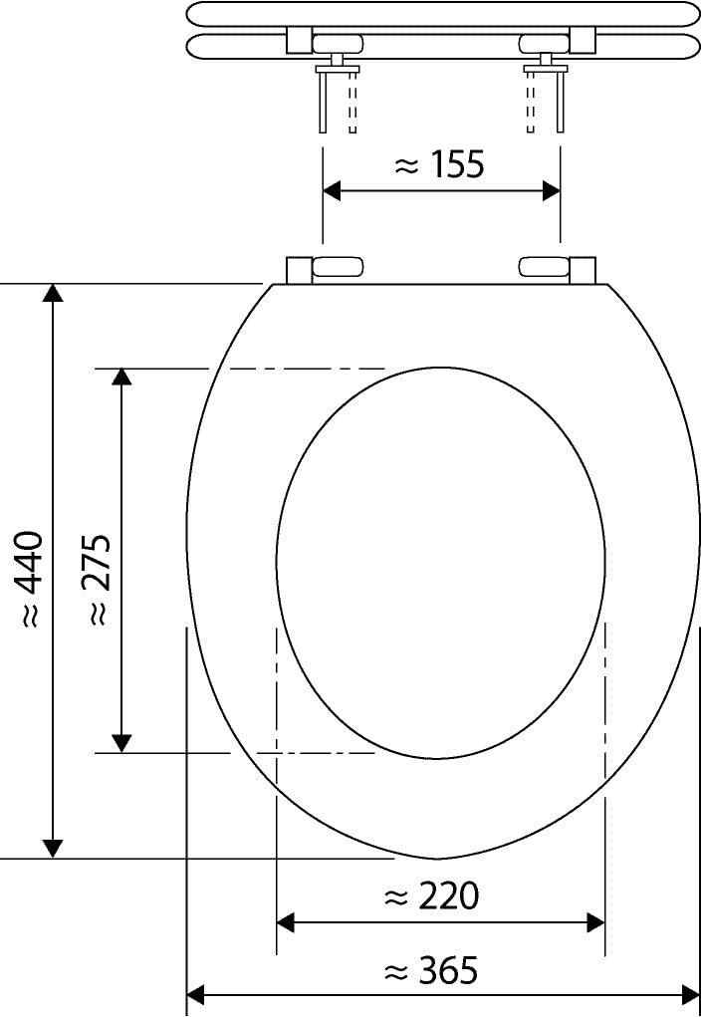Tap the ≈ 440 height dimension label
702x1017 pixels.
coord(30,578)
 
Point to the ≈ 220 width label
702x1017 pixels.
coord(430,896)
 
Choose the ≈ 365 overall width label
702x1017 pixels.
coord(430,969)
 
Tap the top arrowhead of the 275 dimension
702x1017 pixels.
coord(121,378)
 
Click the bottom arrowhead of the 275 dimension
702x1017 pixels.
coord(121,743)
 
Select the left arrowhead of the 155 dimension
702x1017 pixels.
coord(333,191)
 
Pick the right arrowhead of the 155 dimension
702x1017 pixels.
coord(551,191)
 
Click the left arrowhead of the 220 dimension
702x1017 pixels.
coord(286,922)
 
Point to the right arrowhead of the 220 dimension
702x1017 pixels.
coord(595,922)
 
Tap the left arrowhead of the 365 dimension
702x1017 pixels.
coord(197,993)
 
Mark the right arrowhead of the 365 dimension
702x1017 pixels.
coord(690,993)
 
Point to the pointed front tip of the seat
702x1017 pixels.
coord(439,858)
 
